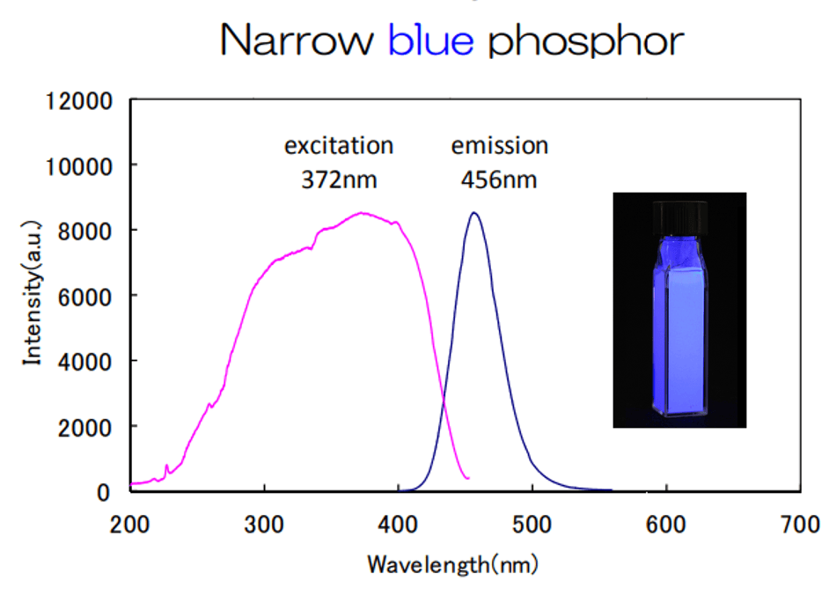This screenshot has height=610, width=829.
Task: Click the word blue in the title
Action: click(430, 40)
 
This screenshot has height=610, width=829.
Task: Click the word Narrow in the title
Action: click(297, 40)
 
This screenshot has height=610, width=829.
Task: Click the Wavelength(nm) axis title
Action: click(452, 563)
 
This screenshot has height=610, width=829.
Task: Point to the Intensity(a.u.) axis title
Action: click(33, 294)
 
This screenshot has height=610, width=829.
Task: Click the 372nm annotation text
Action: click(339, 180)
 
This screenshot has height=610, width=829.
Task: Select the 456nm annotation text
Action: click(499, 180)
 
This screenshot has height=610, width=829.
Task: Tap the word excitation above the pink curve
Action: click(339, 145)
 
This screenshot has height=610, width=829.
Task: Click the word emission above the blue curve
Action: click(499, 145)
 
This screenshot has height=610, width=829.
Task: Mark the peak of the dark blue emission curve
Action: click(474, 213)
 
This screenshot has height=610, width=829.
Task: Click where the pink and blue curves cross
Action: click(443, 403)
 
